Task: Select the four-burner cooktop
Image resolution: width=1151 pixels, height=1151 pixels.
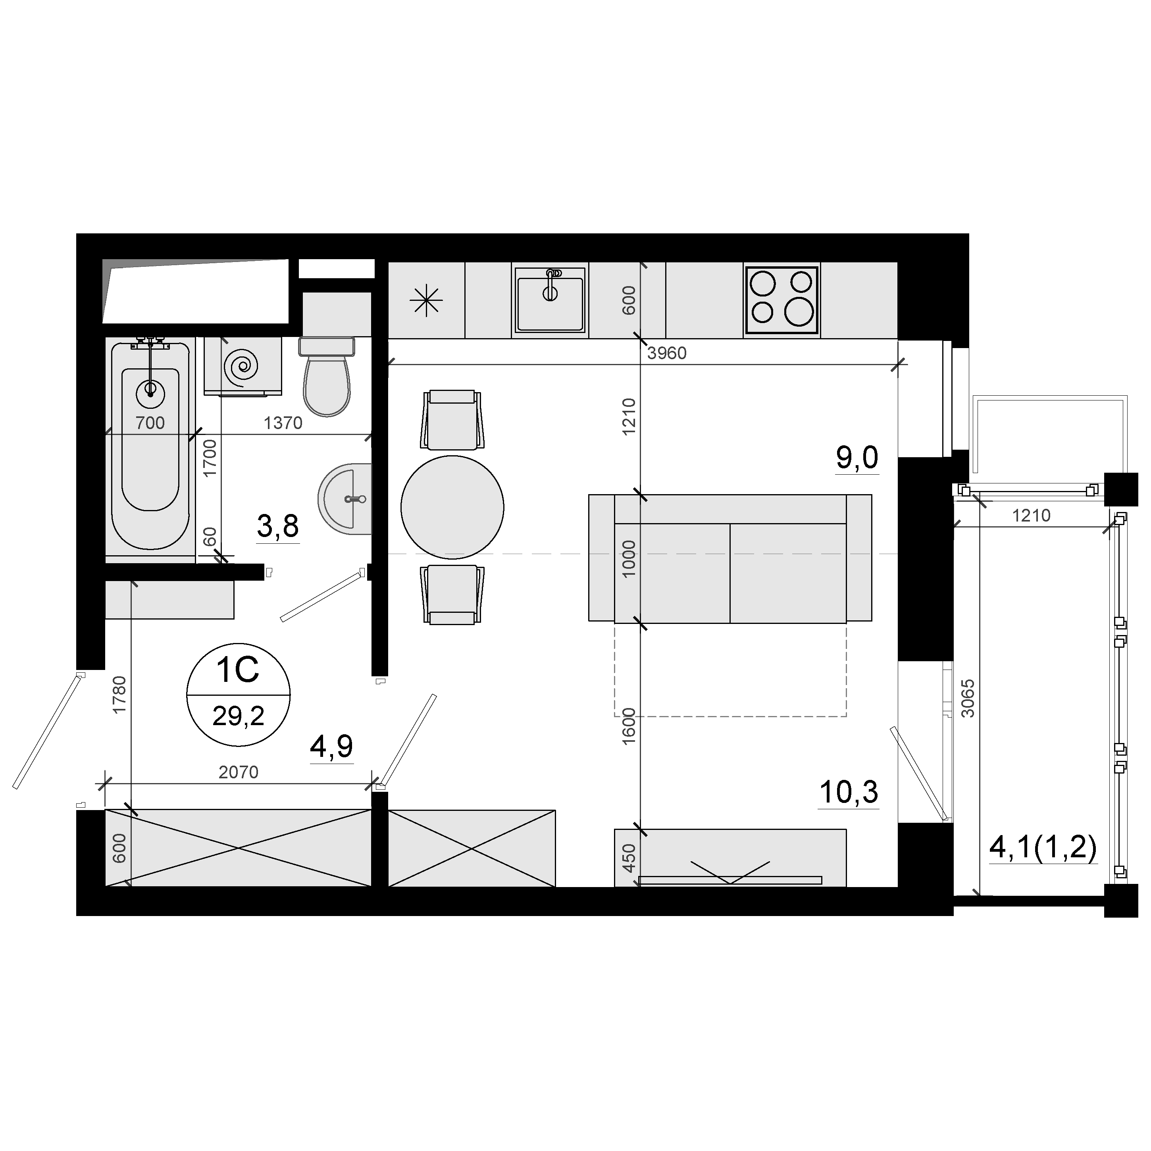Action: (781, 300)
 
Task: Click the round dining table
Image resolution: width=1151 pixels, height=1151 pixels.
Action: (452, 508)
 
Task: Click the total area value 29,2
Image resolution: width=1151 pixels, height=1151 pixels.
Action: (238, 716)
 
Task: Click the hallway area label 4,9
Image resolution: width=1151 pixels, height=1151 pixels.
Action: (332, 746)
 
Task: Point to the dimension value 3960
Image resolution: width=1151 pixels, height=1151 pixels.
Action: (667, 353)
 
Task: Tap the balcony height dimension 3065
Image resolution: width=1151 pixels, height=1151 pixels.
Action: (968, 698)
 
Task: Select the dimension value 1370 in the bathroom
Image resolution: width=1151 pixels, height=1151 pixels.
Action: (283, 423)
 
